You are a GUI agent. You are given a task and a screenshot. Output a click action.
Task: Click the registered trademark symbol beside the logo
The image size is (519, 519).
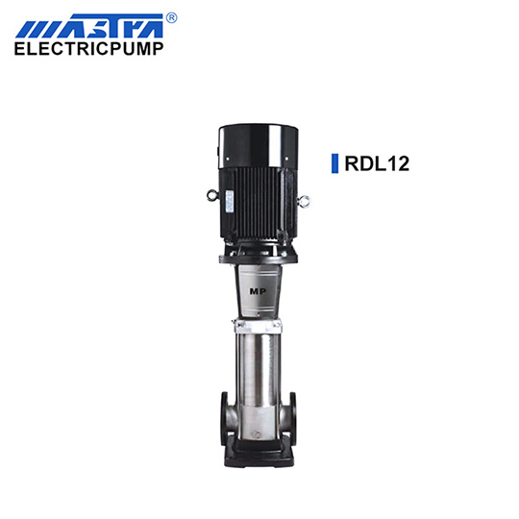(x=171, y=18)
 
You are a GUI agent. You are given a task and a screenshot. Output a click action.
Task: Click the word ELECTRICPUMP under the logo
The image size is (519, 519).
(x=89, y=49)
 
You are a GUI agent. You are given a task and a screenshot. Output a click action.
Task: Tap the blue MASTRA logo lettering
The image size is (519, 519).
(x=89, y=26)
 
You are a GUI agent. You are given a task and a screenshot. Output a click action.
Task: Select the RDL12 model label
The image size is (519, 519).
(x=377, y=163)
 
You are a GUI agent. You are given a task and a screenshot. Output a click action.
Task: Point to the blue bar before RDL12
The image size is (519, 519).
(x=335, y=163)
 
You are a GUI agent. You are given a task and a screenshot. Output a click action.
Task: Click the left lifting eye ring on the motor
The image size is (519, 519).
(x=211, y=195)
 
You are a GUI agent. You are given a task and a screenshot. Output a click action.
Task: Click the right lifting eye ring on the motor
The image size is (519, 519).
(x=304, y=201)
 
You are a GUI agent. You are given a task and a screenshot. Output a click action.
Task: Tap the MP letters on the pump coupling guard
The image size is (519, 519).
(x=258, y=291)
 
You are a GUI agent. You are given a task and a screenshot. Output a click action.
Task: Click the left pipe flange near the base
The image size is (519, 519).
(x=224, y=418)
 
